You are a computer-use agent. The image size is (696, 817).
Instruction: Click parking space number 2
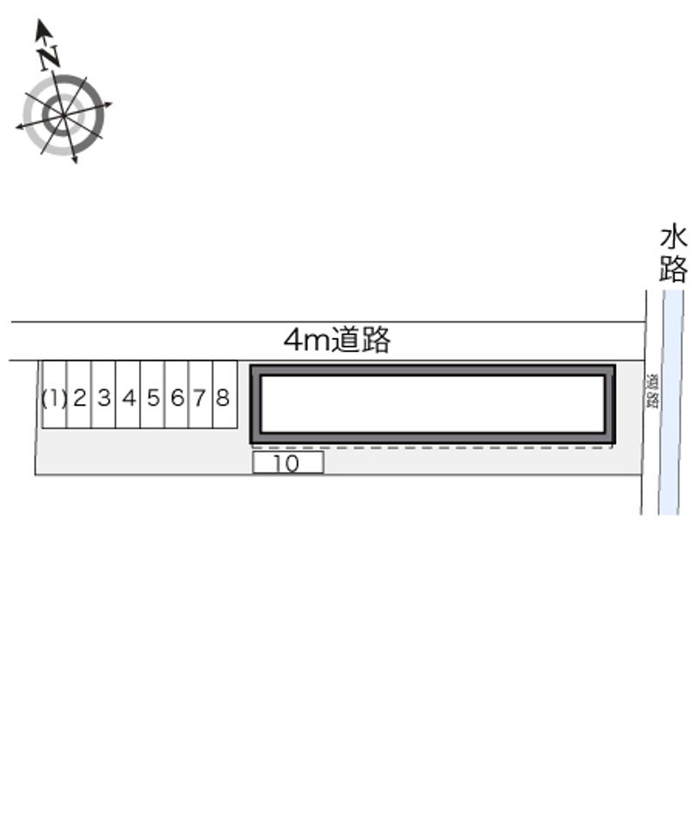coord(79,395)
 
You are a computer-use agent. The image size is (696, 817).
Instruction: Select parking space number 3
coord(104,395)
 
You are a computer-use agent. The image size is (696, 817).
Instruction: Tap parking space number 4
coord(129,395)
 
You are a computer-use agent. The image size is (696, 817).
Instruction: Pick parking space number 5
coord(152,395)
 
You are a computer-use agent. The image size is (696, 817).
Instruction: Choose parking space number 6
coord(177,395)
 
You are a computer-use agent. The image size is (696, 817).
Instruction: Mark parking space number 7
coord(201,395)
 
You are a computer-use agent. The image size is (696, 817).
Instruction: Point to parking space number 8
coord(225,395)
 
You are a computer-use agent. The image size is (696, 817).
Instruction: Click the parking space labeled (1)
coord(55,395)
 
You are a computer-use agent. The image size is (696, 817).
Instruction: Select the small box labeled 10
coord(288,462)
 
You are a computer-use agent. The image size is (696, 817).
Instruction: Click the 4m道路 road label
coord(337,340)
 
